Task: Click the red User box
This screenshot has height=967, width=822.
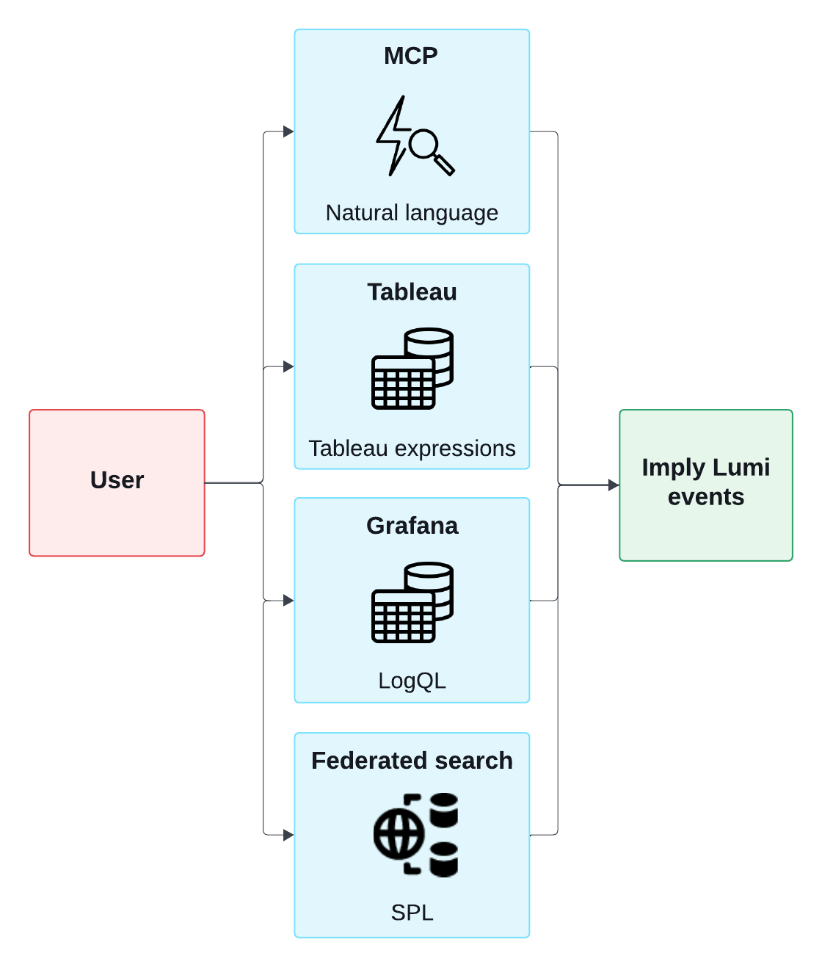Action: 117,482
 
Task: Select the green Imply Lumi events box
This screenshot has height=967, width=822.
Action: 705,485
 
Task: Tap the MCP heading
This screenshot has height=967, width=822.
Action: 411,56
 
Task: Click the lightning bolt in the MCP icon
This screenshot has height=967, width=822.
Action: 393,135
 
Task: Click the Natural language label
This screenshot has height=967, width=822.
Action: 412,213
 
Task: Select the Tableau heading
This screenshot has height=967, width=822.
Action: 412,292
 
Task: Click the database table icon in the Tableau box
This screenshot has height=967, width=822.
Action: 412,369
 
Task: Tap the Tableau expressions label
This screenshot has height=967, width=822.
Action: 412,448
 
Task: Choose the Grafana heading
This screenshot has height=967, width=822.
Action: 412,526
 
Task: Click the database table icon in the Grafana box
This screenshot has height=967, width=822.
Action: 412,603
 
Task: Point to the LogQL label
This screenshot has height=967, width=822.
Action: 412,681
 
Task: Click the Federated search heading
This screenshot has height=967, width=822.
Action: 412,761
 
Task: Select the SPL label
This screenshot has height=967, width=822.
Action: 412,913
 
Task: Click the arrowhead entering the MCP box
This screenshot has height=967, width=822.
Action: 288,132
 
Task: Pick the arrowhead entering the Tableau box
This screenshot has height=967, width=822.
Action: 288,366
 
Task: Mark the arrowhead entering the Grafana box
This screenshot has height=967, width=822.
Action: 288,601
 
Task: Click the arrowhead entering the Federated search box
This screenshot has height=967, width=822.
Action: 288,836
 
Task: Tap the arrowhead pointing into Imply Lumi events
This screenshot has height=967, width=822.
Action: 614,485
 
